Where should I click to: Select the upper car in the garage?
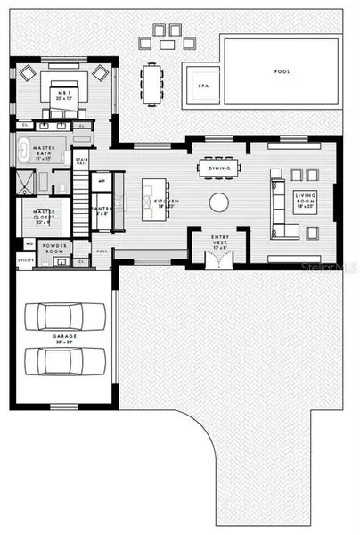[61, 317]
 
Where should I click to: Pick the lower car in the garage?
[61, 360]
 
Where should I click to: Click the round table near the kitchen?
[219, 202]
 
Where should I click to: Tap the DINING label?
[219, 167]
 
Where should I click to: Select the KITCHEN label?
[166, 203]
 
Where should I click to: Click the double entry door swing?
[218, 260]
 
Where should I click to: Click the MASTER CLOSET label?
[45, 214]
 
